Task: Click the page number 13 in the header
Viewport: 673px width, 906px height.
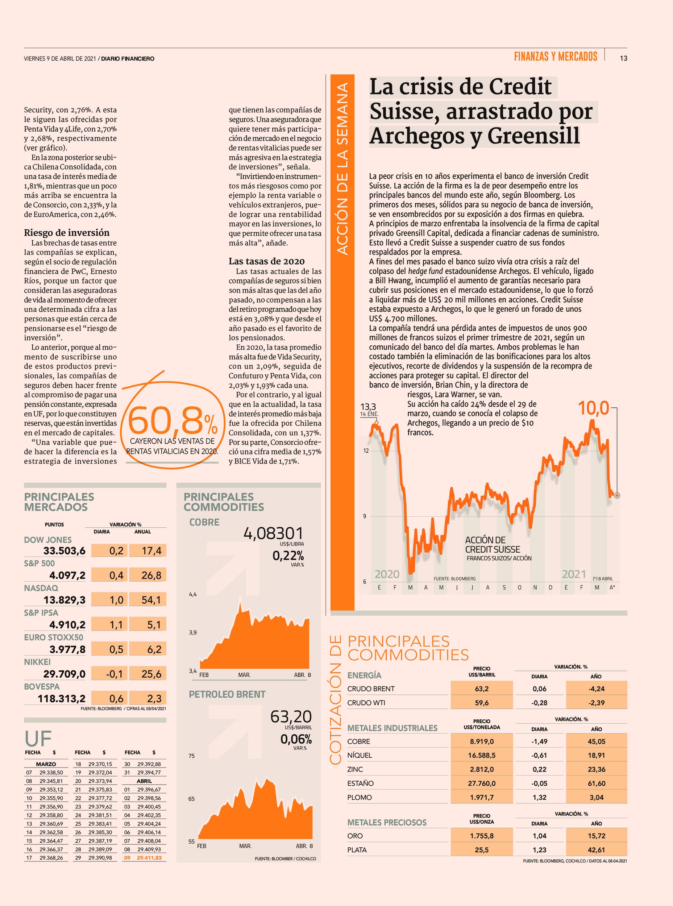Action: [623, 58]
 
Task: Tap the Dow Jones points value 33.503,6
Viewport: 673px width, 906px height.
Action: [65, 551]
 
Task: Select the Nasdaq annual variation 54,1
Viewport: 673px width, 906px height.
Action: [151, 600]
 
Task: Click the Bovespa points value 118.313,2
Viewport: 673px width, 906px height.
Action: [62, 699]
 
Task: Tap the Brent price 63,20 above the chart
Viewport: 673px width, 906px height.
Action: [291, 727]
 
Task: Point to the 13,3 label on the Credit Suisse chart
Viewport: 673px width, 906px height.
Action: [368, 406]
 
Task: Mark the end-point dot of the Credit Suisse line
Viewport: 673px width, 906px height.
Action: [617, 495]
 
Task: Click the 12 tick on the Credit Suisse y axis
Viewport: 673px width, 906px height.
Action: [365, 451]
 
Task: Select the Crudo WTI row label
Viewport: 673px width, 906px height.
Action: [366, 703]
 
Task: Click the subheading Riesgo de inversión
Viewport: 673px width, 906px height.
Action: [67, 233]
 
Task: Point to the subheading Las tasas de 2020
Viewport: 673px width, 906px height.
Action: [266, 261]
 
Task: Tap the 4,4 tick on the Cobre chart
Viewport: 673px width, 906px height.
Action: [193, 594]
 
